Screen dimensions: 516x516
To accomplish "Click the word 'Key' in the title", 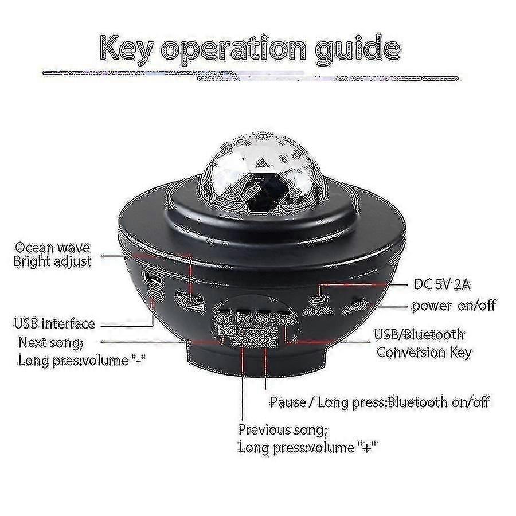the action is tap(127, 49).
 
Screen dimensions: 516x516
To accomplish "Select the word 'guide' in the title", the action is tap(357, 49).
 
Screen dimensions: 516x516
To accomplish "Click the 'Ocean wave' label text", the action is tap(52, 248).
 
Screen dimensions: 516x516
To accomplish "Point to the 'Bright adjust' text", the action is tap(52, 262).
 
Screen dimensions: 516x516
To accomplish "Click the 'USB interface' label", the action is tap(54, 324).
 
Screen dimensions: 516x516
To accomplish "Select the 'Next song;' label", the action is tap(50, 343).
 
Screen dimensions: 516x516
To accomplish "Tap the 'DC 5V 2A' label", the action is tap(442, 284).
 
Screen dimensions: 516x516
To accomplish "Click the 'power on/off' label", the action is tap(454, 306).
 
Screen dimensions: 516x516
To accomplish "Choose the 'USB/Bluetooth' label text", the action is tap(419, 335).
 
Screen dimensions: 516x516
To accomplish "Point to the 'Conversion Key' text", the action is tap(424, 353).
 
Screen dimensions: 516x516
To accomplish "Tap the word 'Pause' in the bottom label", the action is tap(288, 402).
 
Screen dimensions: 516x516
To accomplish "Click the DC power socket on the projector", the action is tap(317, 300).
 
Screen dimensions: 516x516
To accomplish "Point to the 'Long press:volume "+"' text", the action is tap(308, 448).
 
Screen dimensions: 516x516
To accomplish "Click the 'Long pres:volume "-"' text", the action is tap(81, 361).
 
